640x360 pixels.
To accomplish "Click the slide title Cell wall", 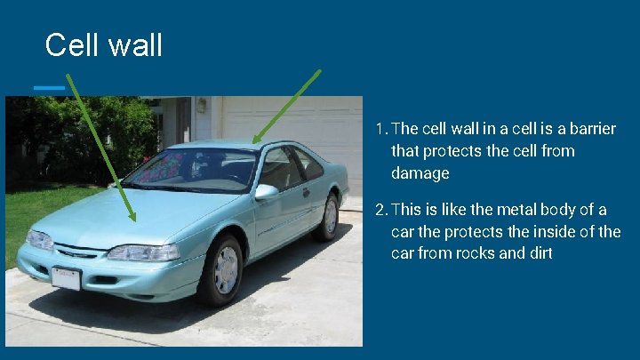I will pos(103,44).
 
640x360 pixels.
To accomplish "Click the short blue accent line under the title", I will pos(49,87).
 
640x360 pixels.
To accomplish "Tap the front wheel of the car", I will pos(222,269).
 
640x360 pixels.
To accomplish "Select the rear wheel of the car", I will pos(328,216).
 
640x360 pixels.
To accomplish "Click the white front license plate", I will pos(66,278).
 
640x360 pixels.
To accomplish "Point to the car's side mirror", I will pos(266,190).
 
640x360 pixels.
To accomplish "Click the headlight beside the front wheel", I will pos(142,252).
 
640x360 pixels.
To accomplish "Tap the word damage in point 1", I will pos(420,173).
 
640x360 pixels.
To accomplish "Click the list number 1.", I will pos(380,129).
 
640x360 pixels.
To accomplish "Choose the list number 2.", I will pos(380,210).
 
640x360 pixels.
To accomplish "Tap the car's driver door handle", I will pos(306,191).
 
